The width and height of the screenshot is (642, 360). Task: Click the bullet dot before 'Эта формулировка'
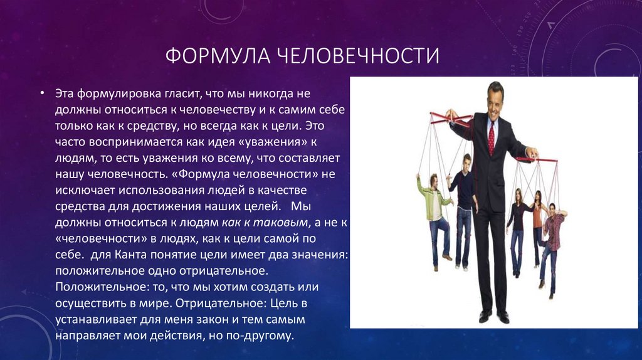42,93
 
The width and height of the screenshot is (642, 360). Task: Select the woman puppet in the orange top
537,226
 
